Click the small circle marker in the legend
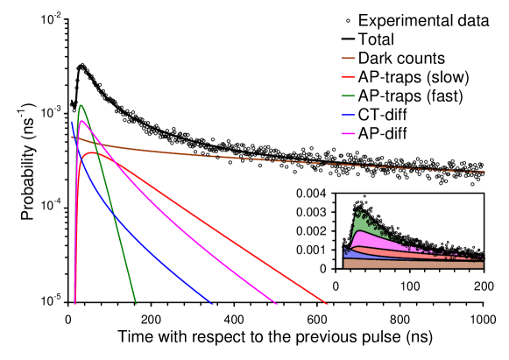[x=348, y=21]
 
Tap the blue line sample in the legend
[x=347, y=115]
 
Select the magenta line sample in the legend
[x=347, y=133]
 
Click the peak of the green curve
[x=81, y=105]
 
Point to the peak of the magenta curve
[x=81, y=122]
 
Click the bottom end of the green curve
[x=136, y=304]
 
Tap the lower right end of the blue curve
[x=211, y=303]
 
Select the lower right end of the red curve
[x=327, y=304]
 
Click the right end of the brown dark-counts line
[x=484, y=173]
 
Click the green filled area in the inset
[x=361, y=224]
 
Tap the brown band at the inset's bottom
[x=412, y=264]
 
